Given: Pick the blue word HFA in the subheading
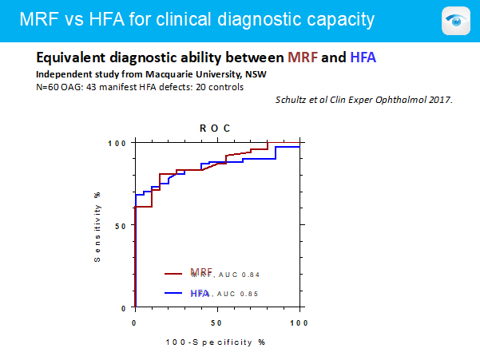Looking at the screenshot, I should pos(363,58).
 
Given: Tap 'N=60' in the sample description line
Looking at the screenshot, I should pos(50,85).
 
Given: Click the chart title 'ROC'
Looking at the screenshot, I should pos(216,128).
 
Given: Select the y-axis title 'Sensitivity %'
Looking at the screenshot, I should pos(97,225).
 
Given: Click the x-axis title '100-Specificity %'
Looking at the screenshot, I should pos(216,341).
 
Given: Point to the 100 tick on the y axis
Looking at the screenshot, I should pos(118,143).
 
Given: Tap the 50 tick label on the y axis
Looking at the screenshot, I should pos(121,225).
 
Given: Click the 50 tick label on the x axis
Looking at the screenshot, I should pos(216,322).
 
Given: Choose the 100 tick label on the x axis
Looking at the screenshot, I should pos(299,322).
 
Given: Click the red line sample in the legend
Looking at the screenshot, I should pos(175,274).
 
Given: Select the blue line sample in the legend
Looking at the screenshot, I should pos(175,294).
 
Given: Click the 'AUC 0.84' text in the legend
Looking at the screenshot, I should pos(239,275).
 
